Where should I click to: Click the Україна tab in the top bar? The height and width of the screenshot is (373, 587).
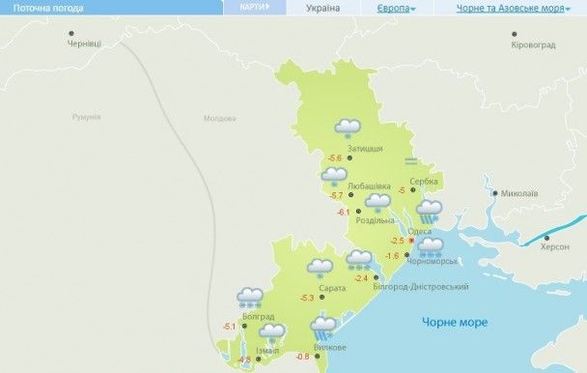click(322, 8)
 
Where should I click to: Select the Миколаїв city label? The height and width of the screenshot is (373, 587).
click(519, 193)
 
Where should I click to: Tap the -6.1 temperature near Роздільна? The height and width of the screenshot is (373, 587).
click(343, 212)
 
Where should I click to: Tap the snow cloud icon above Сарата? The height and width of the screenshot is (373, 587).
click(320, 268)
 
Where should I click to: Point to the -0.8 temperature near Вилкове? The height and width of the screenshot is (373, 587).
click(302, 358)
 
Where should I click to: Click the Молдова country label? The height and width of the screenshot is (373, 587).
click(219, 119)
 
